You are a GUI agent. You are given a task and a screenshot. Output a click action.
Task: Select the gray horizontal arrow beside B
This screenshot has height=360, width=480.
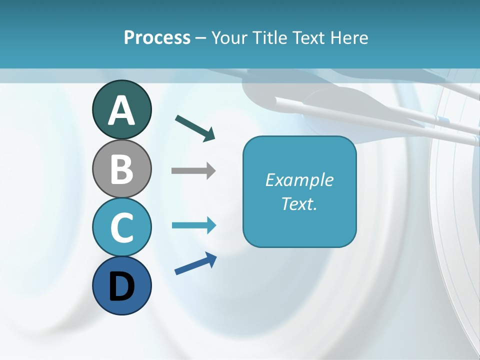pos(193,170)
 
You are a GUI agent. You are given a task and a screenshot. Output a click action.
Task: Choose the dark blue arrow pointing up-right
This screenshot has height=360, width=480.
pos(195,264)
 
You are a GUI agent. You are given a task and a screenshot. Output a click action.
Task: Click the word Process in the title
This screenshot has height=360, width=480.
pos(157,37)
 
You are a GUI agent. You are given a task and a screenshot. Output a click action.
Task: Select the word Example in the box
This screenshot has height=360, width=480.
pos(299,180)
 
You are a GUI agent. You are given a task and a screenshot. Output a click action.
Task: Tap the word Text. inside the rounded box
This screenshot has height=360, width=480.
pos(299,204)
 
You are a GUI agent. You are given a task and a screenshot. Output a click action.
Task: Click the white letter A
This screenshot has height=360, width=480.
pos(121,111)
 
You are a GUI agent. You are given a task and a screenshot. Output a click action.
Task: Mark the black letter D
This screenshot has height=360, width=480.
pos(121,286)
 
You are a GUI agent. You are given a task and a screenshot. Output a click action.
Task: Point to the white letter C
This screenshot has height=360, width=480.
pos(121,227)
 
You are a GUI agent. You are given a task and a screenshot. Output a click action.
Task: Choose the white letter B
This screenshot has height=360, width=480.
pos(121,169)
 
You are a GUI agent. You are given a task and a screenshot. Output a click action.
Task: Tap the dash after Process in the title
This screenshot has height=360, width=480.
pos(200,38)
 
